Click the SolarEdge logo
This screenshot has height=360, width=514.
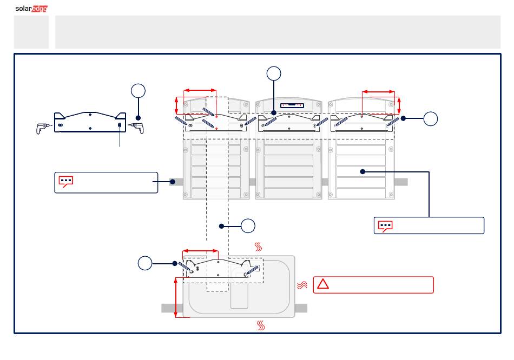[x=31, y=9]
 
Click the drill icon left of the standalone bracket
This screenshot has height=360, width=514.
[x=43, y=128]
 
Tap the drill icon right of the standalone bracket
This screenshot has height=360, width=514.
[x=137, y=128]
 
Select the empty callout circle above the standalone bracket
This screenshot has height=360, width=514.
[x=138, y=91]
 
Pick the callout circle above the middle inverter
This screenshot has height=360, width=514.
[x=274, y=74]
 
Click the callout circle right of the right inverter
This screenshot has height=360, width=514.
[x=431, y=118]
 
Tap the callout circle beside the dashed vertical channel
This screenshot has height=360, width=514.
[x=248, y=226]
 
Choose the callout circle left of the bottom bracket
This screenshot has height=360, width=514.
[x=145, y=263]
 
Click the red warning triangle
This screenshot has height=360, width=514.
[x=322, y=284]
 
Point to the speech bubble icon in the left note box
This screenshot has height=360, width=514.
[x=65, y=182]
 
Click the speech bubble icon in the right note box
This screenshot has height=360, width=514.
[x=385, y=226]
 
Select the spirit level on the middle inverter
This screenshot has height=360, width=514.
[x=292, y=105]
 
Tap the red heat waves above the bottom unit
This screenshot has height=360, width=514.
[x=258, y=246]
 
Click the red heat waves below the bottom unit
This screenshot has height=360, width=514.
[x=261, y=325]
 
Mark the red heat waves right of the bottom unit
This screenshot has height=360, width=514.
[x=302, y=285]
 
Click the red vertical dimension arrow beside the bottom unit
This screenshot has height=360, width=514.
[x=176, y=297]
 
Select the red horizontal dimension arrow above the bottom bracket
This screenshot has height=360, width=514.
[x=200, y=251]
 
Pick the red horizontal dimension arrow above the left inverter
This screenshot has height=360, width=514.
[x=200, y=90]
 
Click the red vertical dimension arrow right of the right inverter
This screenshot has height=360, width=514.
[x=399, y=105]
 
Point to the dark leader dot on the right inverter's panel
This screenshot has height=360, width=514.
[x=363, y=172]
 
